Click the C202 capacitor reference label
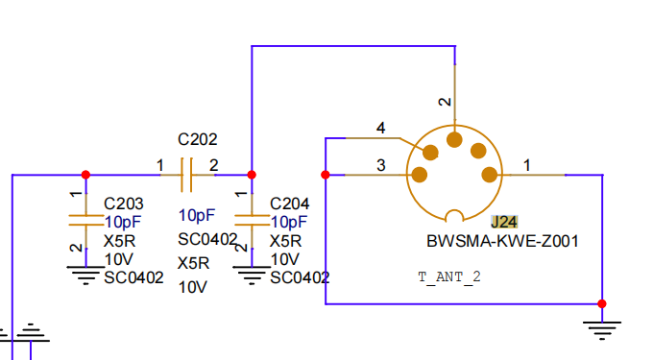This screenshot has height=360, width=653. (x=198, y=139)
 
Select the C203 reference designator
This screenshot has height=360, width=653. (x=123, y=204)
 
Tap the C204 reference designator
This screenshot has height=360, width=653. (x=289, y=204)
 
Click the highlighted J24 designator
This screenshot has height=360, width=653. (x=504, y=222)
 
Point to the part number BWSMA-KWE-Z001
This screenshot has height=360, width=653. (x=502, y=241)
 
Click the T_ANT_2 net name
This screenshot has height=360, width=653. (x=449, y=277)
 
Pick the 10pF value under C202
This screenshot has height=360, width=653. (x=197, y=216)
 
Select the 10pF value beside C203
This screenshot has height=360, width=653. (x=123, y=222)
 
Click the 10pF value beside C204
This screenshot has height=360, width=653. (x=289, y=222)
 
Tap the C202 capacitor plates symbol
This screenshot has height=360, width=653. (x=186, y=175)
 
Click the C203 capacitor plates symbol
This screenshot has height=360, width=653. (x=85, y=220)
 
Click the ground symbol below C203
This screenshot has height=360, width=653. (x=85, y=276)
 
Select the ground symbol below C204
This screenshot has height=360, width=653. (x=252, y=276)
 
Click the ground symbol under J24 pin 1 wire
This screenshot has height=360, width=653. (x=602, y=330)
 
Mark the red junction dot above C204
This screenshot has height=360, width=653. (x=252, y=175)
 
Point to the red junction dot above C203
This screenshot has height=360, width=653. (x=85, y=175)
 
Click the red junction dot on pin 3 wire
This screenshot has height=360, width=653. (x=326, y=175)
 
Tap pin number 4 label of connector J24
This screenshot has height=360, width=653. (x=380, y=128)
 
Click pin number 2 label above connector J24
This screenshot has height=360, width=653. (x=446, y=102)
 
